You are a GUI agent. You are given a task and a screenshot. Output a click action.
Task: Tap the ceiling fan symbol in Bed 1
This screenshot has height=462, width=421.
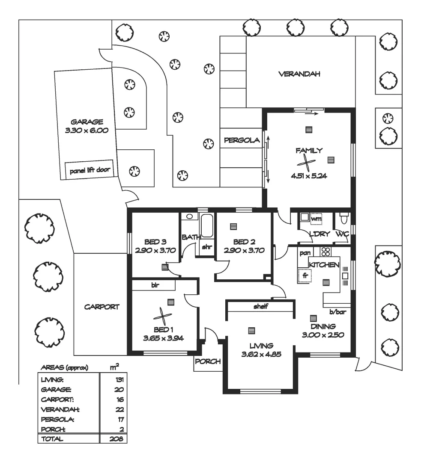[x=162, y=317]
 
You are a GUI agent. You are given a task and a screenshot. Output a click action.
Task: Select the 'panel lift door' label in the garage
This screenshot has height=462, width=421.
[x=90, y=170]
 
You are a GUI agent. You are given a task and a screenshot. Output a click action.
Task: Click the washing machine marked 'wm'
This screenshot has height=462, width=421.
[x=316, y=219]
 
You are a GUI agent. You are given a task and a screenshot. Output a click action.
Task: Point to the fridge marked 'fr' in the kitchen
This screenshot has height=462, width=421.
[x=305, y=276]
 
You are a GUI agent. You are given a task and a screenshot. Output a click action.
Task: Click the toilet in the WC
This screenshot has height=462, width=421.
[x=343, y=219]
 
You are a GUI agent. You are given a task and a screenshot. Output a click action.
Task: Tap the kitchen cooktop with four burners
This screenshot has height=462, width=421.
[x=325, y=252]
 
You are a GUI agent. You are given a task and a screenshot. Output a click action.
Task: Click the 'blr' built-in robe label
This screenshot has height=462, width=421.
[x=155, y=284]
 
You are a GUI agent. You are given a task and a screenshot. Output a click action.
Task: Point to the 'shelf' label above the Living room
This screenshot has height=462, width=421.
[x=260, y=306]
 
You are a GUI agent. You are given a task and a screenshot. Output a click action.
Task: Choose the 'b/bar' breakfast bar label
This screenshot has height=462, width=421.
[x=337, y=312]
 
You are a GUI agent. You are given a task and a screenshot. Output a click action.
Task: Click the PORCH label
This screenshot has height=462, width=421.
[x=208, y=361]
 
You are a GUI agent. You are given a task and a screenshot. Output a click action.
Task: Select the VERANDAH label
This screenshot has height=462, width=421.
[x=299, y=74]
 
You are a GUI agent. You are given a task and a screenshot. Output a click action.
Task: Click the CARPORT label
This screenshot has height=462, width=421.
[x=102, y=307]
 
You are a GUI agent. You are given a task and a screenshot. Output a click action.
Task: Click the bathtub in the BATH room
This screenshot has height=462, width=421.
[x=207, y=225]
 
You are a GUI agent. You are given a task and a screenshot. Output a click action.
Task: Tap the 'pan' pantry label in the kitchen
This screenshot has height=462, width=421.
[x=305, y=253]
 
